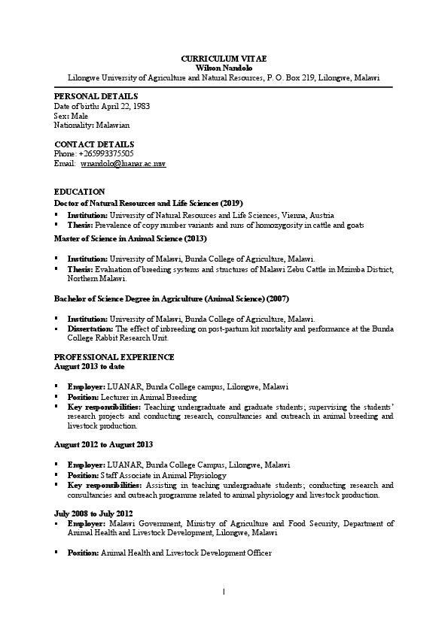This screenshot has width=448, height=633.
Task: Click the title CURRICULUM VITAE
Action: (224, 58)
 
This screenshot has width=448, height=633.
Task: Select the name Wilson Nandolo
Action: (224, 68)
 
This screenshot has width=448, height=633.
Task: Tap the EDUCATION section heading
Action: (80, 192)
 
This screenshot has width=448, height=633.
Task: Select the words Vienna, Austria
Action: (297, 214)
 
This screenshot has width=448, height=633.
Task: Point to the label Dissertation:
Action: (90, 329)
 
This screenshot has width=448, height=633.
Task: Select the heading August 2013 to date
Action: (90, 366)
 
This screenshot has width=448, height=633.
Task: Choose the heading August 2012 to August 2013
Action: (104, 445)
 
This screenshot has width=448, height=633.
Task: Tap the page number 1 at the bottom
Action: (224, 591)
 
